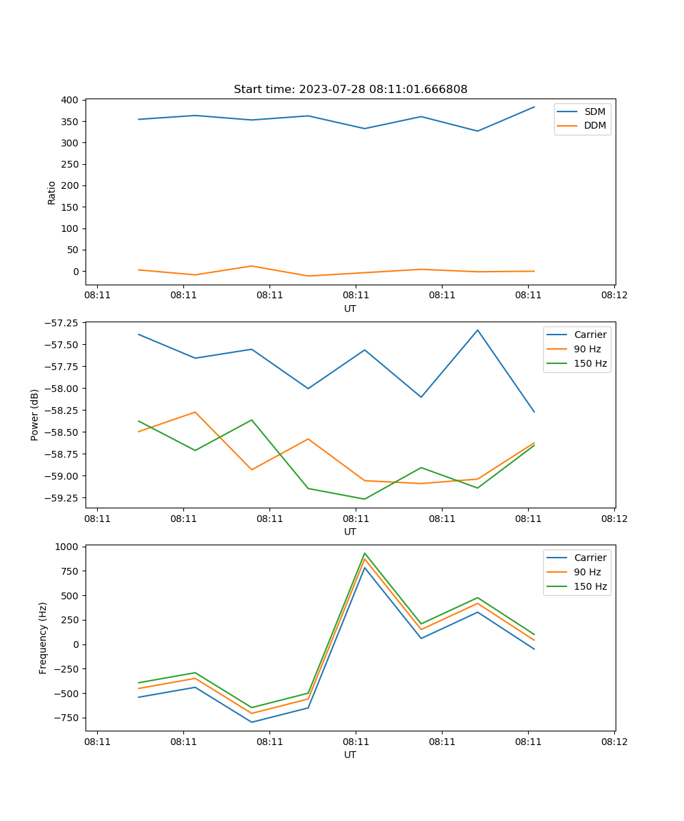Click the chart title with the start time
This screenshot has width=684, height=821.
coord(350,90)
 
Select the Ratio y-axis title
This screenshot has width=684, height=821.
coord(52,192)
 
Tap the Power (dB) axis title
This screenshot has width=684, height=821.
coord(35,415)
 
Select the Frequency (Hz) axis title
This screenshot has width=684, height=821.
coord(43,638)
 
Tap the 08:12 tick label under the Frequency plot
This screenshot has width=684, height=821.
coord(614,742)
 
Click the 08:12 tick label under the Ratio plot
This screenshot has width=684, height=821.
coord(614,296)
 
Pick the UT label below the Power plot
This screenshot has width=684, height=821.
coord(350,532)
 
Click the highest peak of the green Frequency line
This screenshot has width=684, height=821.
coord(365,553)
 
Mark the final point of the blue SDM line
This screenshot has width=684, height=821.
coord(534,107)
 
